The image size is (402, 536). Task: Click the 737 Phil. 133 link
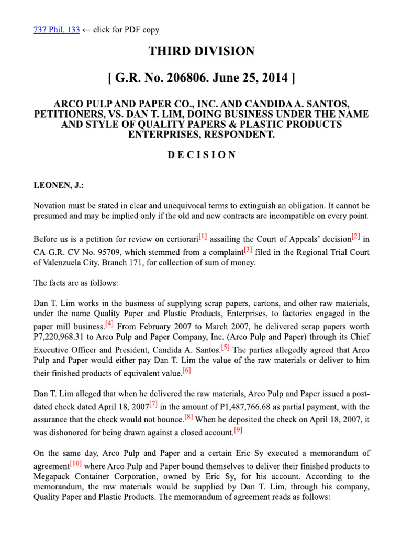57,30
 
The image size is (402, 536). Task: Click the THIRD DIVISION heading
202,51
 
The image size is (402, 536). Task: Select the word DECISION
202,155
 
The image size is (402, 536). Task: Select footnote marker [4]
109,322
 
